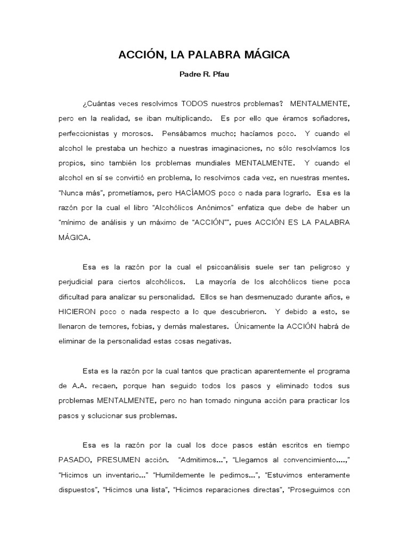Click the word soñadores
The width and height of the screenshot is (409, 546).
click(x=327, y=117)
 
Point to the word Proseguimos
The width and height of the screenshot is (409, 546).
click(x=312, y=488)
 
